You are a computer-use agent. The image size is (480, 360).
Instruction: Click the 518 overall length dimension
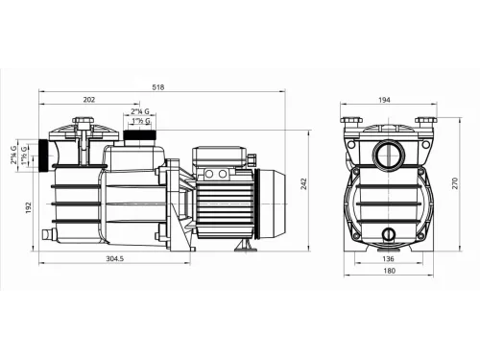pyautogui.click(x=158, y=87)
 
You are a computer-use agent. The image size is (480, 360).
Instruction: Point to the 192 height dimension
pyautogui.click(x=29, y=205)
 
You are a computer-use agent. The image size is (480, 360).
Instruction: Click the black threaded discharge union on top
pyautogui.click(x=144, y=139)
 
